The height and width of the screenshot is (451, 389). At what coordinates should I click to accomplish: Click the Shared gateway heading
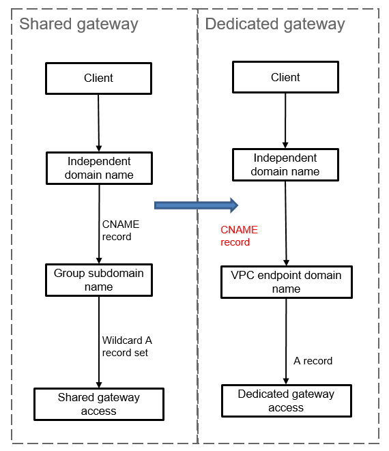click(78, 25)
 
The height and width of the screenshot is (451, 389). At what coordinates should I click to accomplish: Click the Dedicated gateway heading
click(275, 25)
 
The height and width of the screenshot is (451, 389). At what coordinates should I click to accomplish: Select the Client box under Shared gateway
click(99, 78)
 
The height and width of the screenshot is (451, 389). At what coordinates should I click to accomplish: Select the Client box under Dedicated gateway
click(285, 77)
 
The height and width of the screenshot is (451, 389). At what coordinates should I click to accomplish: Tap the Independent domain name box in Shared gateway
click(99, 169)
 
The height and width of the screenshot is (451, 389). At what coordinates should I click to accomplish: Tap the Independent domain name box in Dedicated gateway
click(285, 165)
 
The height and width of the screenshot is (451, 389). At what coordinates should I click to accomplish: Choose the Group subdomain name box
click(99, 280)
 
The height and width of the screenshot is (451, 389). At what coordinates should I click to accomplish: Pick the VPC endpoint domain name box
click(286, 282)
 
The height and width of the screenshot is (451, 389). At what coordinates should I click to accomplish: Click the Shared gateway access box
click(99, 404)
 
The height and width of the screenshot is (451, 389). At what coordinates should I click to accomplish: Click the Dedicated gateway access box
click(286, 401)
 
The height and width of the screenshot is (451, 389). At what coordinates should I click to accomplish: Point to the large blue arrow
click(197, 205)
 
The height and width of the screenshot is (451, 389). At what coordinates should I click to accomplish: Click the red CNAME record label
click(239, 236)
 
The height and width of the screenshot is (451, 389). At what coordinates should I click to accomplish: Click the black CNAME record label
click(121, 231)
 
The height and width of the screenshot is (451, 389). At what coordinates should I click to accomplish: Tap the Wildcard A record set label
click(127, 347)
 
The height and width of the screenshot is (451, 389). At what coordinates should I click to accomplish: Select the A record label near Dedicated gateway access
click(313, 361)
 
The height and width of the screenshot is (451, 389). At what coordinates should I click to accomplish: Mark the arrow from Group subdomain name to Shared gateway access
click(99, 343)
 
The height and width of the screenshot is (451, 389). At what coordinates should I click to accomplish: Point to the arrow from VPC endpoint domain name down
click(286, 341)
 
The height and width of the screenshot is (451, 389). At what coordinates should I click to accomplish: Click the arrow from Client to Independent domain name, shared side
click(99, 123)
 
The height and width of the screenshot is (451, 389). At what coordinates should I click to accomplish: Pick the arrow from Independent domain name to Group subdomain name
click(99, 224)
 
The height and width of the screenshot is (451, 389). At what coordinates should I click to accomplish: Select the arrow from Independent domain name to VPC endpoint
click(286, 224)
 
